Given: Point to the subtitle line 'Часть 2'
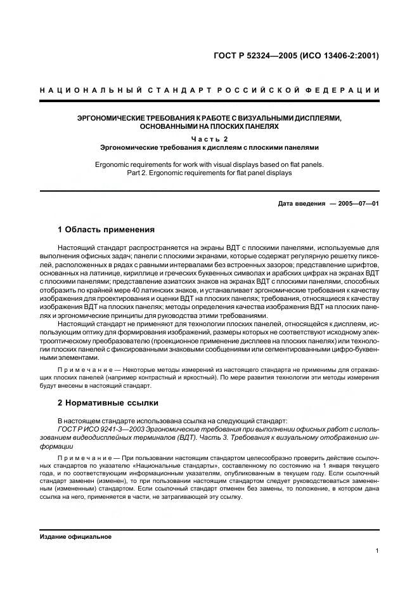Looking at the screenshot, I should coord(209,138).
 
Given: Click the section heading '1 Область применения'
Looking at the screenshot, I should coord(106,229).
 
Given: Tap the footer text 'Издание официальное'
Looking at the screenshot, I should coord(75,536).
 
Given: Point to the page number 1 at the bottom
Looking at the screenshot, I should coord(377,551).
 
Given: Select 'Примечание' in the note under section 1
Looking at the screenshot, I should coord(79,369).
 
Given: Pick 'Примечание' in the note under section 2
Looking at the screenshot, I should coord(79,457).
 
